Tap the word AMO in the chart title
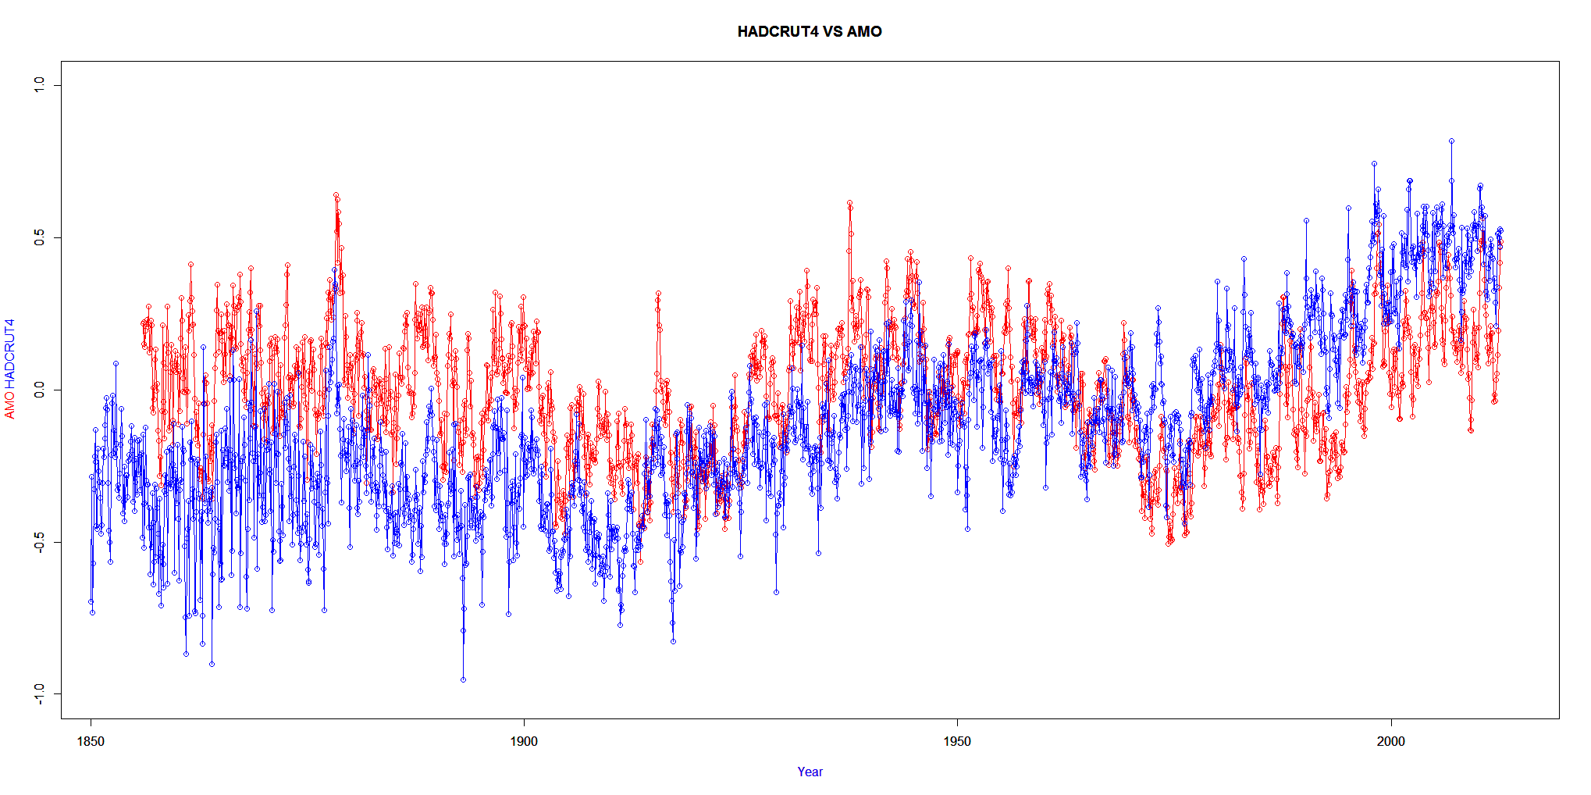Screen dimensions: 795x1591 pos(864,31)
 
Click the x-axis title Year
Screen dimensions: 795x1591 pos(810,772)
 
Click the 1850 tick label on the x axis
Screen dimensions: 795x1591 pos(91,741)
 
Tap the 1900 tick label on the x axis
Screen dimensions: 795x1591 pos(524,741)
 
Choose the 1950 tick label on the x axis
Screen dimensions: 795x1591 pos(957,741)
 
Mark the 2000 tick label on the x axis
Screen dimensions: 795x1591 pos(1390,741)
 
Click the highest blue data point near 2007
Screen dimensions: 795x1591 pos(1451,141)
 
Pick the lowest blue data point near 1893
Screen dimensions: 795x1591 pos(463,679)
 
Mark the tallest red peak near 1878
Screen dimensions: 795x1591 pos(336,195)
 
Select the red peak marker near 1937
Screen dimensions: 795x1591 pos(849,203)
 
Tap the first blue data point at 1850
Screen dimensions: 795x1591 pos(91,601)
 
